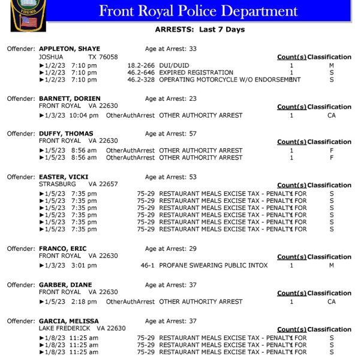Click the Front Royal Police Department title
point(198,11)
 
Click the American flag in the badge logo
point(29,22)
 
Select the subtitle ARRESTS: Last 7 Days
point(200,29)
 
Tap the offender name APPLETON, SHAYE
point(70,49)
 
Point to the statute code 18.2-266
point(141,65)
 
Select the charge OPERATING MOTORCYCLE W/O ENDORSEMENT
point(230,80)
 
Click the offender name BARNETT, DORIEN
point(70,98)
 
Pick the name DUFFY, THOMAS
point(66,134)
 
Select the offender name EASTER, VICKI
point(64,177)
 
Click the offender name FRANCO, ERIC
point(64,248)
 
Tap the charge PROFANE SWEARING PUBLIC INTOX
point(213,265)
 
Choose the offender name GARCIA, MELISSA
point(69,321)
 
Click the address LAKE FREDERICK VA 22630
point(82,328)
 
